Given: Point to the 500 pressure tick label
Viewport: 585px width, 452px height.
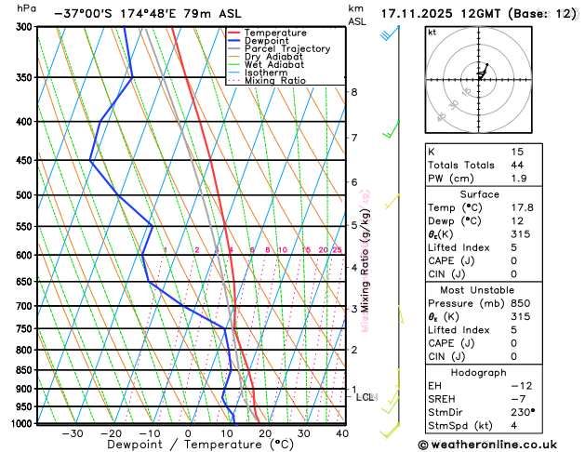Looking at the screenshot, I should click(24, 195).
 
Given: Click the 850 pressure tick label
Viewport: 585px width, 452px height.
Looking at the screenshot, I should click(24, 370).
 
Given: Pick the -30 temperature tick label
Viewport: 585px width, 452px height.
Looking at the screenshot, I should click(72, 433).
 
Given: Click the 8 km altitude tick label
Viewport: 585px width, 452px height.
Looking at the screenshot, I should click(354, 92).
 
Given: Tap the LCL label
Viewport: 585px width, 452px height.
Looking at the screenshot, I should click(366, 397).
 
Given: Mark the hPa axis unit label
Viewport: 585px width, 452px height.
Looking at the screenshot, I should click(27, 7).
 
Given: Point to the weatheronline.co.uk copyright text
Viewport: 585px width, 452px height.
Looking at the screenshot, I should click(500, 445).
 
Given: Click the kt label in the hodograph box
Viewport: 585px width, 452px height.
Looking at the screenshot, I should click(432, 32).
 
